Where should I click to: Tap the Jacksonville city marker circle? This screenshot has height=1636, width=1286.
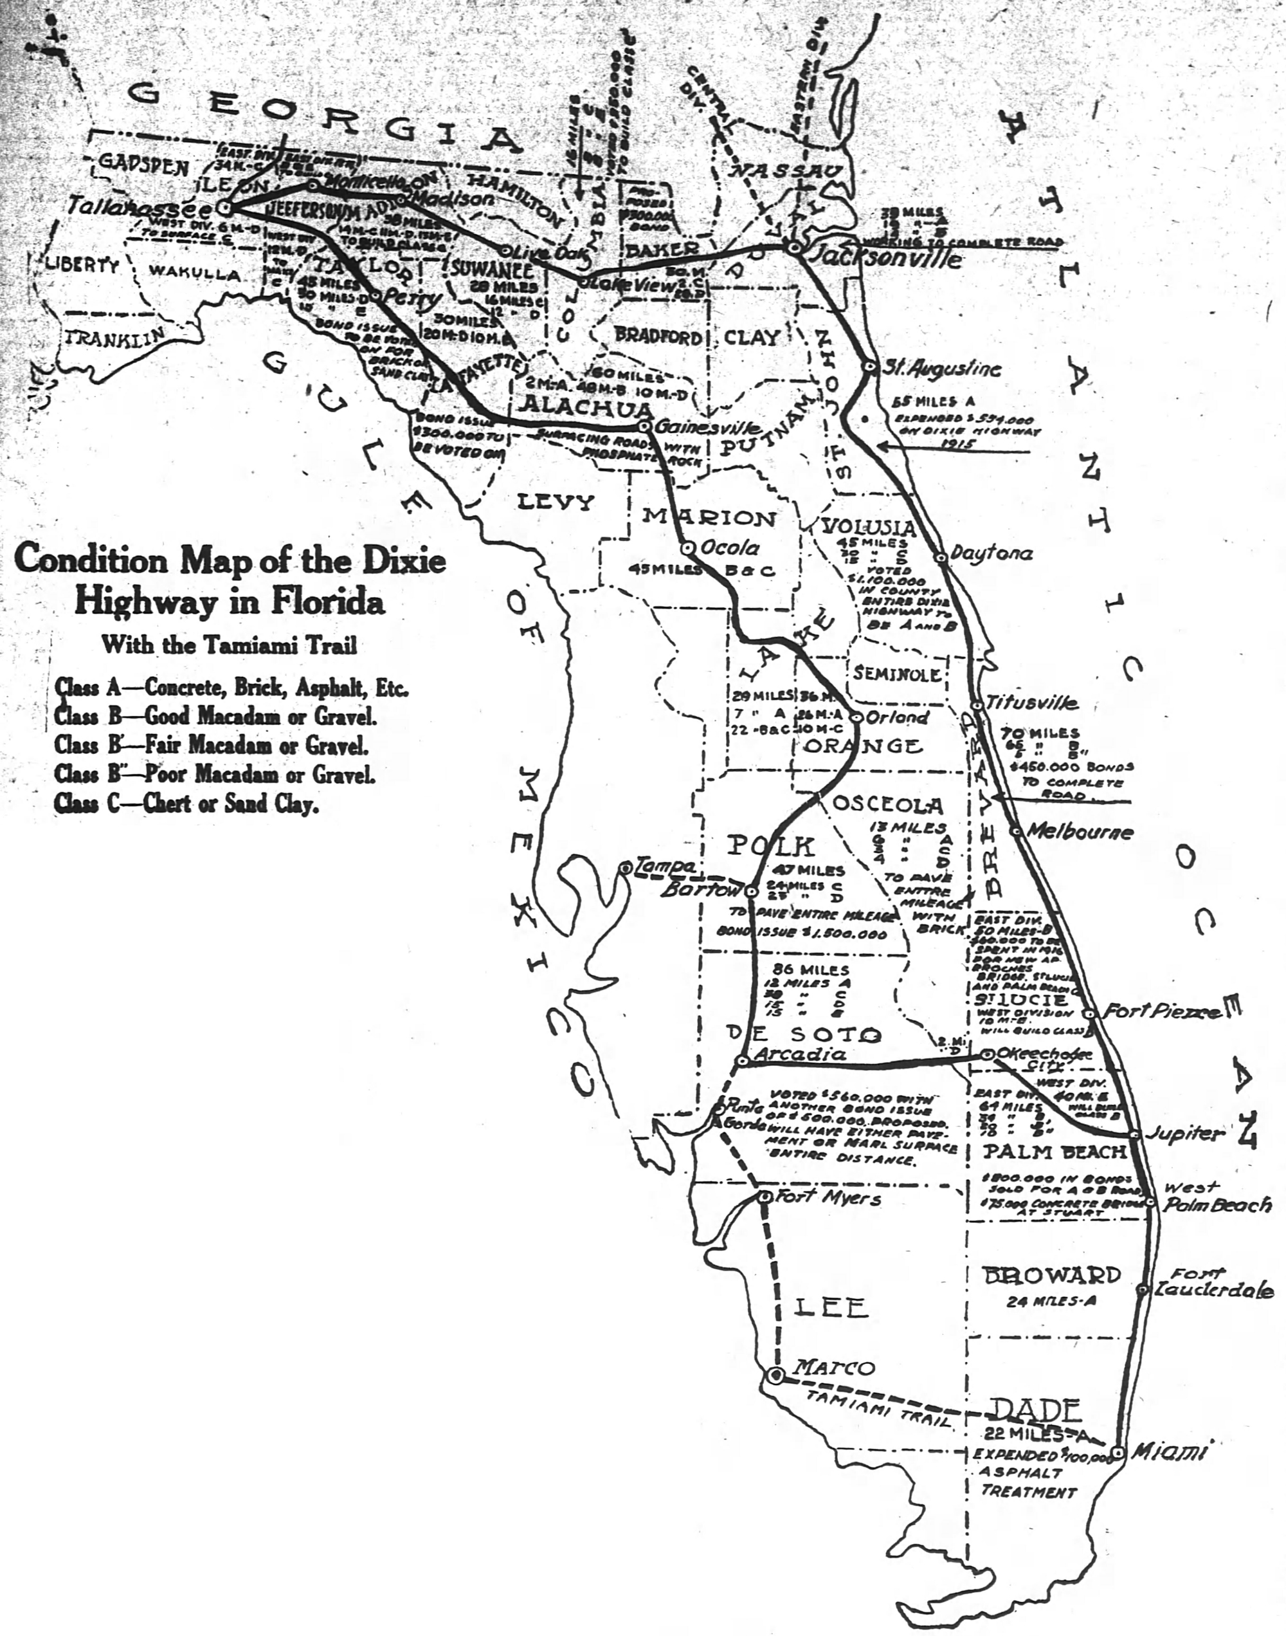tap(793, 247)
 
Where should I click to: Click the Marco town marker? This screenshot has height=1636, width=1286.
tap(775, 1376)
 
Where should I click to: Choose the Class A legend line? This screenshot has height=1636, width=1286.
tap(231, 687)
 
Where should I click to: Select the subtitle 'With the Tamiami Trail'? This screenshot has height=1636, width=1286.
tap(229, 645)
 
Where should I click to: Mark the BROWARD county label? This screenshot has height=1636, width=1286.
tap(1052, 1275)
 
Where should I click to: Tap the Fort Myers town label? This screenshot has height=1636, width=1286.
tap(827, 1197)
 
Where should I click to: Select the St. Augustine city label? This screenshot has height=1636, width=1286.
tap(941, 369)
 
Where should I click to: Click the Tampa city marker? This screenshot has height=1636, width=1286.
tap(625, 869)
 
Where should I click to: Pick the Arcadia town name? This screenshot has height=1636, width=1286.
tap(801, 1054)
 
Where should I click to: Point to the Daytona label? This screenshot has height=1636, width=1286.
tap(991, 554)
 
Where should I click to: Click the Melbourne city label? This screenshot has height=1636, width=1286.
tap(1079, 832)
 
